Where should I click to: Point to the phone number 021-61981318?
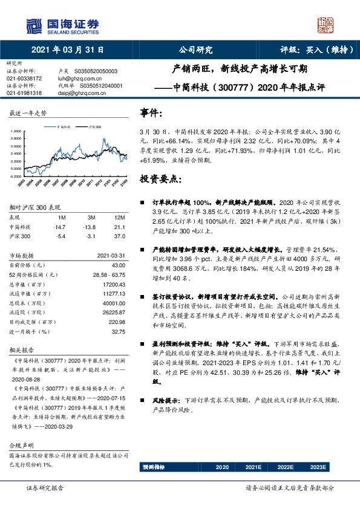point(24,93)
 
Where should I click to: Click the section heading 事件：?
point(151,113)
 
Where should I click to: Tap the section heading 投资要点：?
point(160,179)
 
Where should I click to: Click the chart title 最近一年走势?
point(28,113)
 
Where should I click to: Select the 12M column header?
point(119,217)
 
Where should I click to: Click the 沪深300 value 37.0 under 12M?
point(119,236)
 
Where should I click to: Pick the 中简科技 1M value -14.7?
point(60,227)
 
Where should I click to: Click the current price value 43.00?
point(117,265)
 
